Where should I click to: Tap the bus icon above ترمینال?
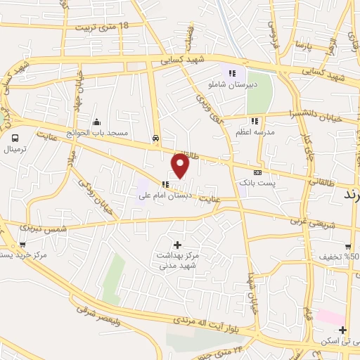15,138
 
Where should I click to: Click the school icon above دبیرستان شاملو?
232,72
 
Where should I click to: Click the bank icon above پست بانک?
258,172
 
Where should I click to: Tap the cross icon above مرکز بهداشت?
176,245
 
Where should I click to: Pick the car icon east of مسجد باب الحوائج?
155,139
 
